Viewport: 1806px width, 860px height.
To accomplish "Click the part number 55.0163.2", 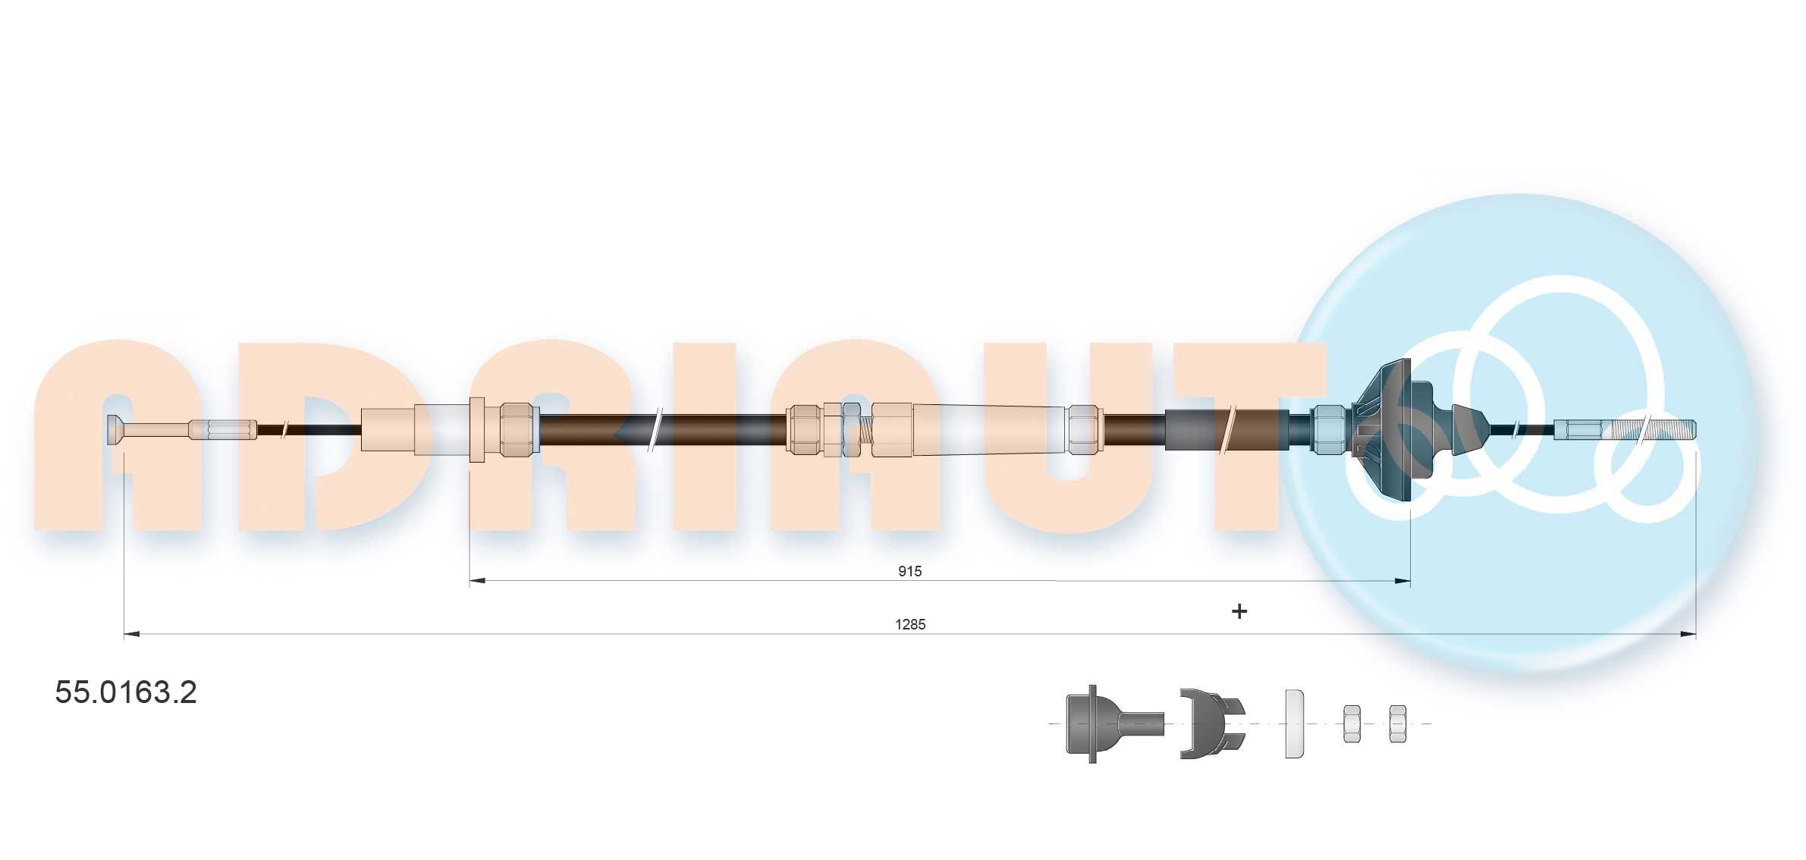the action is pyautogui.click(x=126, y=692).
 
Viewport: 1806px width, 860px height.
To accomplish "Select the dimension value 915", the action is pyautogui.click(x=909, y=571).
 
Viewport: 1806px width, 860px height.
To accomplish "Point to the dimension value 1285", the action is pyautogui.click(x=910, y=624).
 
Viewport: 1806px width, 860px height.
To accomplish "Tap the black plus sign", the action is pyautogui.click(x=1239, y=611).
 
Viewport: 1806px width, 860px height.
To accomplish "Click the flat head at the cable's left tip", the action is pyautogui.click(x=116, y=430).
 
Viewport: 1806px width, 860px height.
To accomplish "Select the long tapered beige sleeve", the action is pyautogui.click(x=990, y=430).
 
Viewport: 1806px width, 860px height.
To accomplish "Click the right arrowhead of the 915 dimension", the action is pyautogui.click(x=1402, y=582).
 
